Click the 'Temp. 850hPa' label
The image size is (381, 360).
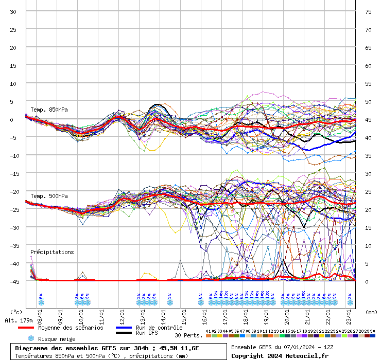click(49, 110)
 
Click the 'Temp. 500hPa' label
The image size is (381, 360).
click(49, 196)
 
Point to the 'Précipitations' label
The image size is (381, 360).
click(52, 252)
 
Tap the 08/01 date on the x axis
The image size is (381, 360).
click(40, 315)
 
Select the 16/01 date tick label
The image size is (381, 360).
click(204, 315)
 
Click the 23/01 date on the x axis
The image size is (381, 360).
click(349, 315)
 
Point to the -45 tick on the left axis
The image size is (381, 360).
click(15, 281)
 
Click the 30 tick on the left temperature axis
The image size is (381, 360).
click(13, 12)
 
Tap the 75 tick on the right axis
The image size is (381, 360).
click(368, 12)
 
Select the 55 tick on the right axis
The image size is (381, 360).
click(368, 84)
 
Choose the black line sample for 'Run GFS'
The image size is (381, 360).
click(124, 333)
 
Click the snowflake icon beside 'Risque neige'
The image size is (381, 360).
click(31, 338)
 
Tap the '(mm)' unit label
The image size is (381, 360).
click(371, 312)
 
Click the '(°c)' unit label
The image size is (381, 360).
click(16, 312)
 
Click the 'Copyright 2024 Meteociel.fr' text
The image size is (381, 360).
click(279, 355)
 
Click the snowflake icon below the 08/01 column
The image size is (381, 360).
click(41, 302)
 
